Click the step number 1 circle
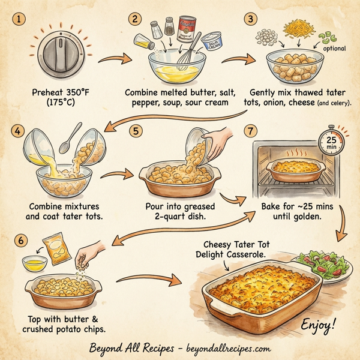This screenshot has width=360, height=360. pos(21,19)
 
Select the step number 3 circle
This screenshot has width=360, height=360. pos(251,19)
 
